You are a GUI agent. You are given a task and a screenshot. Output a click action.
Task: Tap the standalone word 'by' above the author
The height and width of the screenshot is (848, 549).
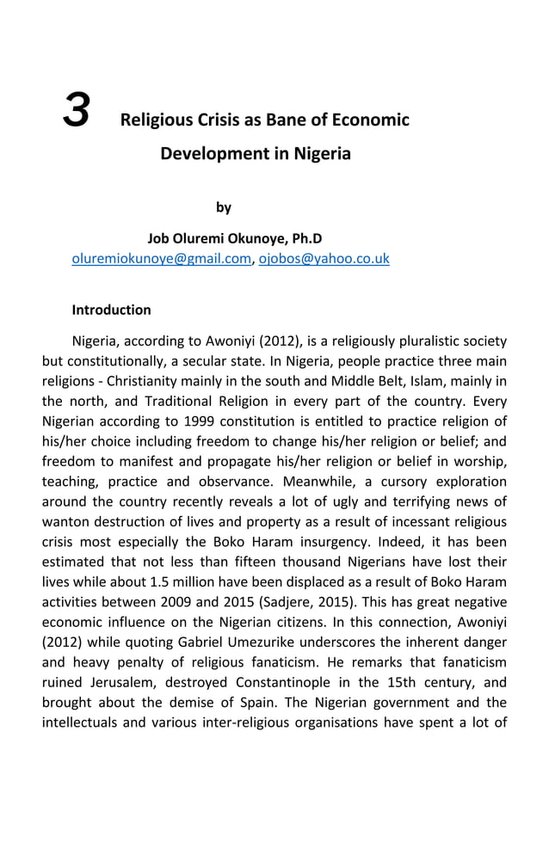(x=224, y=207)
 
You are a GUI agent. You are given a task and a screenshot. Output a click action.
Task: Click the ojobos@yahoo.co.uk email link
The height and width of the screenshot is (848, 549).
(x=324, y=258)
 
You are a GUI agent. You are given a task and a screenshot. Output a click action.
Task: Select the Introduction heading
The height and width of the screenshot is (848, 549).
(x=111, y=310)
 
